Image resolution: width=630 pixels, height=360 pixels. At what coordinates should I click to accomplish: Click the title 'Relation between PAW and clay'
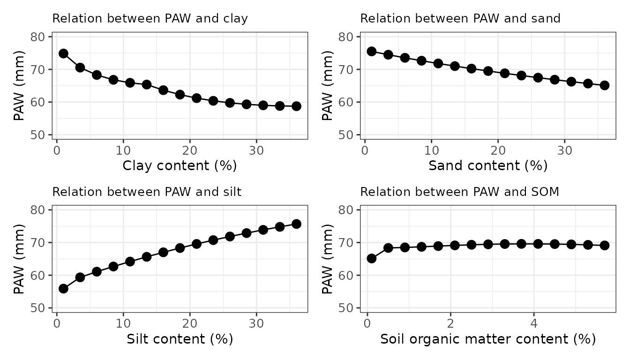pos(150,19)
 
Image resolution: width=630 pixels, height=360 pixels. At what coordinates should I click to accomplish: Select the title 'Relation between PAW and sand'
pos(460,19)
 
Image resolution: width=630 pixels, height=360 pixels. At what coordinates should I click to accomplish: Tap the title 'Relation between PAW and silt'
pos(147,192)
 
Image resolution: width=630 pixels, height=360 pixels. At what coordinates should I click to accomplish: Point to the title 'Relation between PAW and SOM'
pos(459,192)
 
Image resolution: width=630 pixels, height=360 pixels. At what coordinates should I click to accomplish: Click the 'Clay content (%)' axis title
pos(180,165)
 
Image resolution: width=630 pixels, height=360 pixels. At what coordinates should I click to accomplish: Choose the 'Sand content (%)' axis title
pos(488,165)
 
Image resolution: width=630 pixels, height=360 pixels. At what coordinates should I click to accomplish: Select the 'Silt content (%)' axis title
pos(180,338)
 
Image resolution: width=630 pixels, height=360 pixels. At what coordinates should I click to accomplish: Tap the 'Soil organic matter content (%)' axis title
pos(488,338)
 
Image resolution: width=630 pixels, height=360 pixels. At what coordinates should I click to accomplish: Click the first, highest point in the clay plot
pos(63,53)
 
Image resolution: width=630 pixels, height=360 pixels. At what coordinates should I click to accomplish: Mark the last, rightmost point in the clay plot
pos(296,106)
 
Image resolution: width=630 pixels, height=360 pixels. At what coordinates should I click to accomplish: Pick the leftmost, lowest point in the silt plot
pos(63,289)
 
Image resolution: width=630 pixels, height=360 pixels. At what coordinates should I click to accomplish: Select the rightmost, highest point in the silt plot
pos(296,224)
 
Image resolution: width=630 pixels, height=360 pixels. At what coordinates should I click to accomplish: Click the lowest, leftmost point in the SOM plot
pos(371,258)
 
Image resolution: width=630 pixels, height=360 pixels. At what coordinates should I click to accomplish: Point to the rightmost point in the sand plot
pos(605,85)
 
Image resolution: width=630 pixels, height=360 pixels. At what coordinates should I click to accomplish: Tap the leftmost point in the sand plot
pos(371,51)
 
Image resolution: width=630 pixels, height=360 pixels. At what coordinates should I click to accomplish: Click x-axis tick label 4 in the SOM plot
pos(533,323)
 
